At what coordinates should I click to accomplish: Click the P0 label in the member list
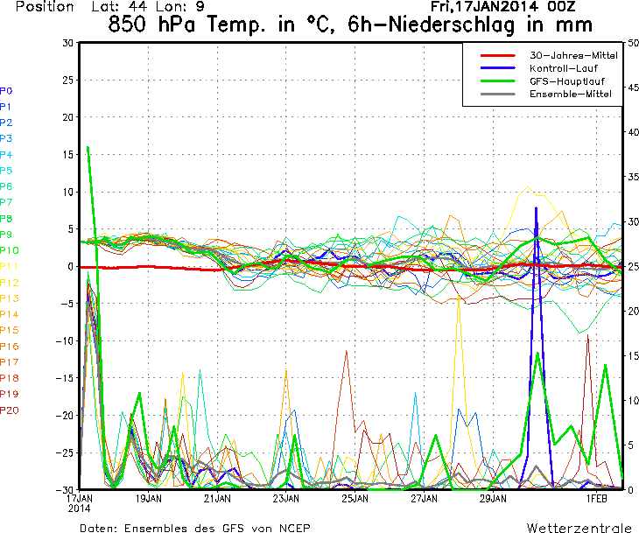(x=6, y=90)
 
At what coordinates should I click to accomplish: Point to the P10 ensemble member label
(x=10, y=250)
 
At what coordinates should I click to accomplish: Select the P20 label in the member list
(x=10, y=410)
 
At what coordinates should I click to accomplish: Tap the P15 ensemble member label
(x=10, y=330)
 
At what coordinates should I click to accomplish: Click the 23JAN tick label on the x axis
(x=285, y=499)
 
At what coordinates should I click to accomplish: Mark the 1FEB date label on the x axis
(x=597, y=499)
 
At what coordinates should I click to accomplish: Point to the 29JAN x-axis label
(x=494, y=499)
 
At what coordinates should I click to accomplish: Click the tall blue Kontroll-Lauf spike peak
(x=537, y=208)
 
